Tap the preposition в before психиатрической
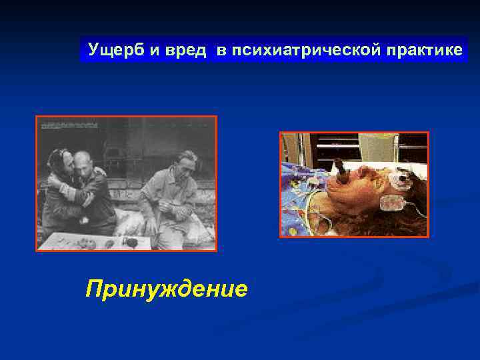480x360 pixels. tap(220, 51)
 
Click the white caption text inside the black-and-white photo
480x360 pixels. tap(73, 124)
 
